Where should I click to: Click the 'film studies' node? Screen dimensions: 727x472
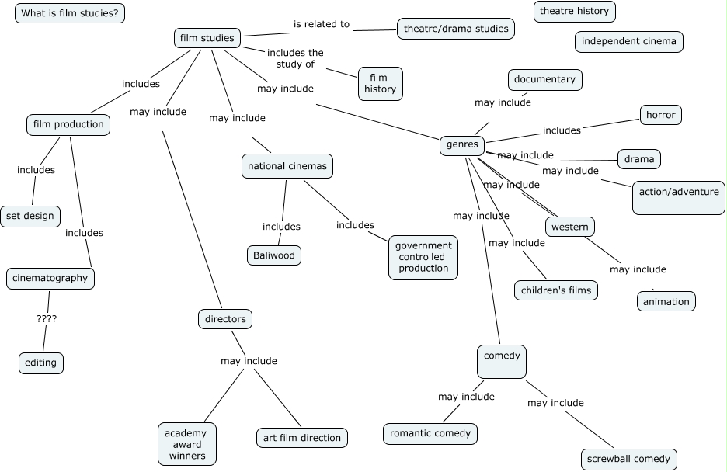[207, 38]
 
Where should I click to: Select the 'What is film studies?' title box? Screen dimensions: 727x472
[70, 13]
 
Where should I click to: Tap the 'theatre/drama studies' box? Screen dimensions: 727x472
[456, 29]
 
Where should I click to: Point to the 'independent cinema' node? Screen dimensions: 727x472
[628, 42]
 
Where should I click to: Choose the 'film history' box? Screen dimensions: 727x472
[380, 84]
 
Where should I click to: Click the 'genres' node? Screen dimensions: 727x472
[462, 145]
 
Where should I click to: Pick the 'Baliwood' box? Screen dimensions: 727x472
[274, 255]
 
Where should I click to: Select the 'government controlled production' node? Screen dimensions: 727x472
[423, 258]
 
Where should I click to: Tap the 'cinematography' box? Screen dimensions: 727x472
[50, 279]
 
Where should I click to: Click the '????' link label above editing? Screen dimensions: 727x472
[47, 319]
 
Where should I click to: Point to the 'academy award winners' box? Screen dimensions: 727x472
[187, 444]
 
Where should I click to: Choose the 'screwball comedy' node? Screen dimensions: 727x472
[628, 459]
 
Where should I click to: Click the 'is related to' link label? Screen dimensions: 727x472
[322, 24]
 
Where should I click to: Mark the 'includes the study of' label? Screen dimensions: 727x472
[295, 58]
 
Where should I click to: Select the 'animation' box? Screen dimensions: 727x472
[666, 301]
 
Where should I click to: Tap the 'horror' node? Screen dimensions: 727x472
[661, 115]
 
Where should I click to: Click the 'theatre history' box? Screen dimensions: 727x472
[575, 11]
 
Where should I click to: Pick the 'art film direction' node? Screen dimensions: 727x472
[302, 438]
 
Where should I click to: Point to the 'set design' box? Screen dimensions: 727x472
[30, 217]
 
